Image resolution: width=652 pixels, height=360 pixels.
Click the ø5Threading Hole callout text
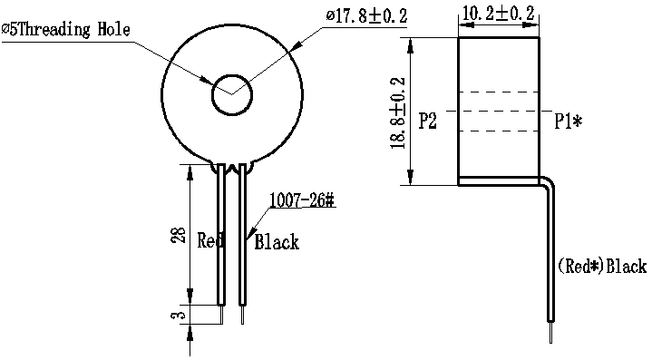65,30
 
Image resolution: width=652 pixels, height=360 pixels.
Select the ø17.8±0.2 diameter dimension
366,15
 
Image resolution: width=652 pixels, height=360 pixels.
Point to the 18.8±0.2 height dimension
397,113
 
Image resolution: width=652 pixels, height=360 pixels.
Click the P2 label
427,121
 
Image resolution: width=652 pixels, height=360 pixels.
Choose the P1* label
569,121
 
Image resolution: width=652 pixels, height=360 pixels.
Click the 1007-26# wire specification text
302,200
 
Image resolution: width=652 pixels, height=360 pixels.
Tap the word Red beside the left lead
210,240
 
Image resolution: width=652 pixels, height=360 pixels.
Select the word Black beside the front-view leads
277,241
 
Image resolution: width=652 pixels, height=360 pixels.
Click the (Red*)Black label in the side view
602,266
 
